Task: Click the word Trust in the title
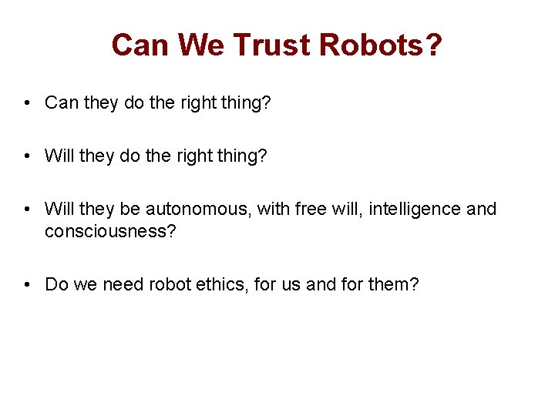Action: point(272,45)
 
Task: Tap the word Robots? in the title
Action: point(381,45)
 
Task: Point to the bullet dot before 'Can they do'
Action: point(27,102)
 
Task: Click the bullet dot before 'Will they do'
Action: point(27,156)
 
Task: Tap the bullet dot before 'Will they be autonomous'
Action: point(27,209)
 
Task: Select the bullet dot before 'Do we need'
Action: point(27,284)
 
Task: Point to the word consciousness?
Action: point(111,231)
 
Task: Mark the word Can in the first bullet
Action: point(62,102)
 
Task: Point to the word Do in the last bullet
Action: point(56,284)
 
